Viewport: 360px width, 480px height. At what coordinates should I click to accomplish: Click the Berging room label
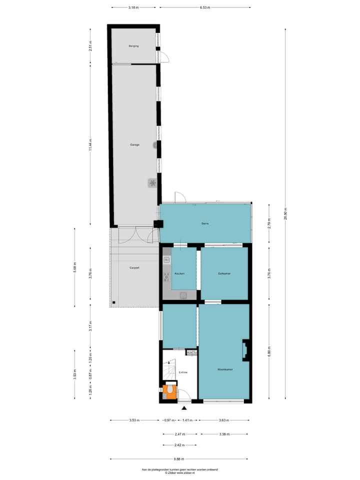133,46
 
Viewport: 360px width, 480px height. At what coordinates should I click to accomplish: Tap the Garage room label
134,145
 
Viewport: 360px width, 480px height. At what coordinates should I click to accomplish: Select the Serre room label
205,223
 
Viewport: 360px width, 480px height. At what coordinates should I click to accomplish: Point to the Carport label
134,268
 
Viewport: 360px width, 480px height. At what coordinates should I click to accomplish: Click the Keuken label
179,273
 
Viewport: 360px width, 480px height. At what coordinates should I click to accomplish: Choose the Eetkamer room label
224,273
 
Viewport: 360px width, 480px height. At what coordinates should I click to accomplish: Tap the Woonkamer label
224,369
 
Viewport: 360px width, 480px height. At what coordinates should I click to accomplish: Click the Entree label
183,371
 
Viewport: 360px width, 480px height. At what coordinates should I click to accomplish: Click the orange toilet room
169,391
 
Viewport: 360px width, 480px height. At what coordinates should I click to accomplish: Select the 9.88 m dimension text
179,459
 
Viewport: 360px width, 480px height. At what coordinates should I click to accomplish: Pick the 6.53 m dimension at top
205,7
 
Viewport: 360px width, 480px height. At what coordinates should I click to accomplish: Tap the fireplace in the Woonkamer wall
245,350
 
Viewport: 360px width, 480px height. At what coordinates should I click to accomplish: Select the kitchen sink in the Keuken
166,260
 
